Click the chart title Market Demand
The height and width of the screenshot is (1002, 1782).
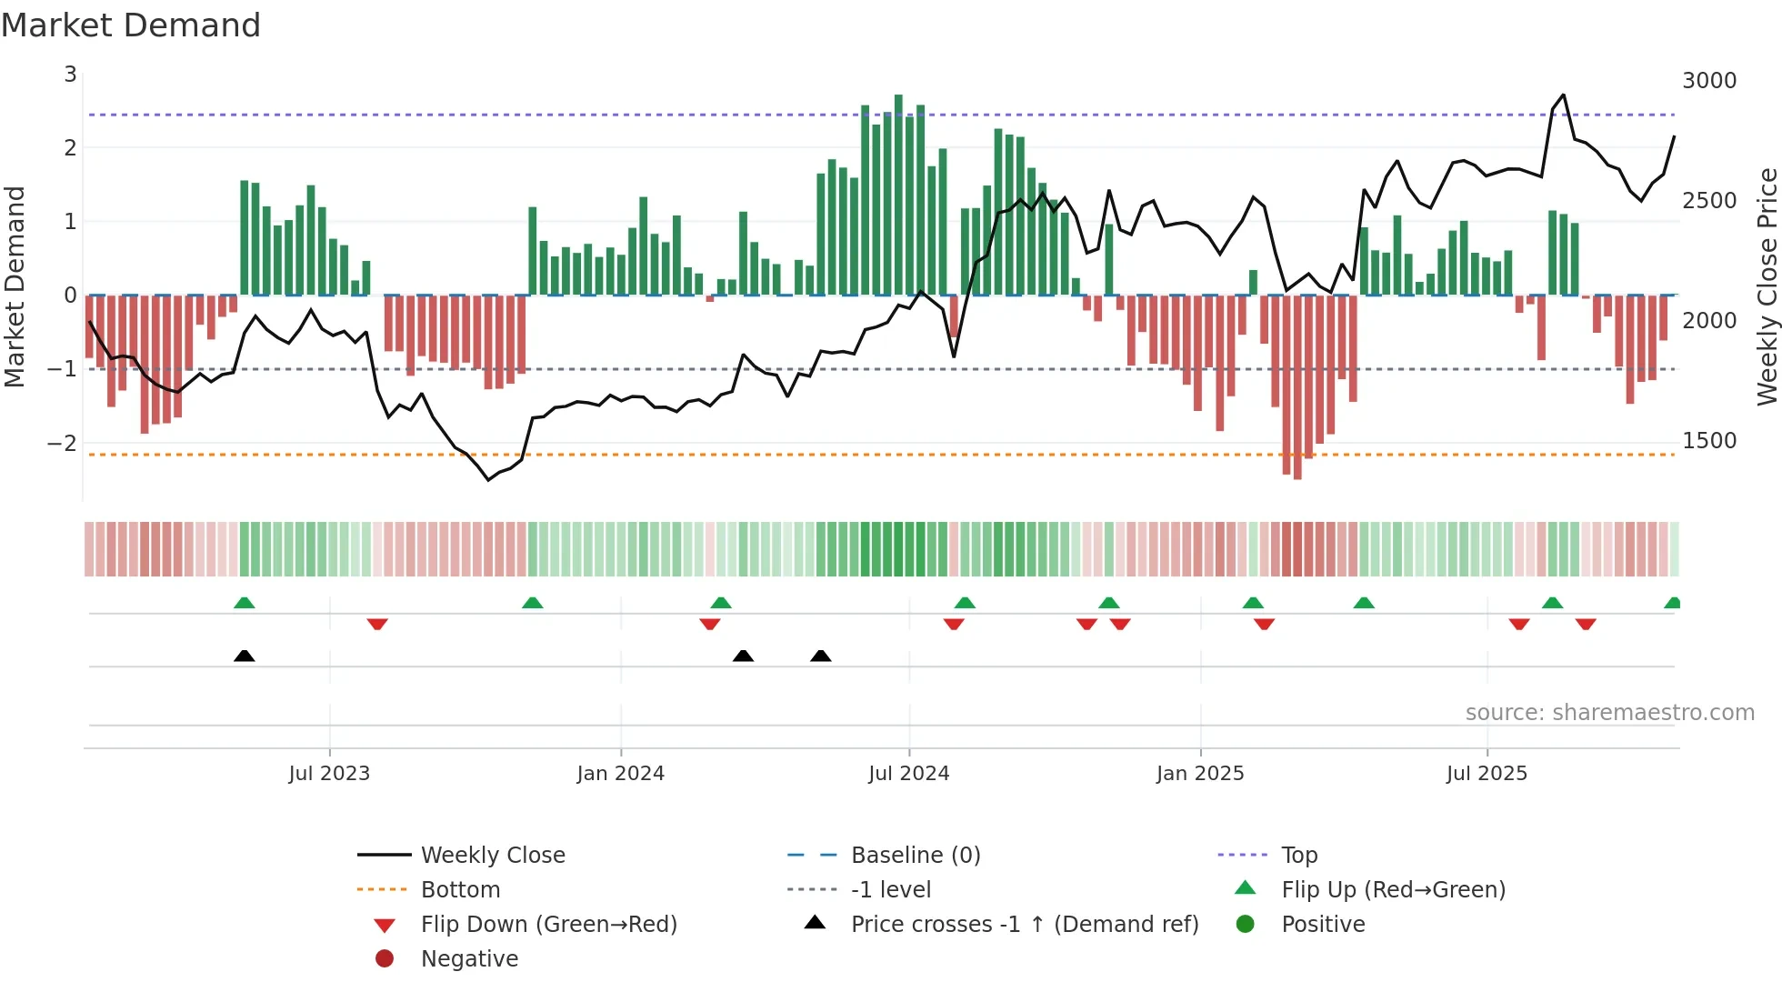tap(131, 25)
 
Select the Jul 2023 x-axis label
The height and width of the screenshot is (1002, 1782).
tap(329, 774)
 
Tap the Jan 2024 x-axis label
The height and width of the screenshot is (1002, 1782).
tap(620, 774)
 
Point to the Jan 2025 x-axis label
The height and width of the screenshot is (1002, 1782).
tap(1199, 774)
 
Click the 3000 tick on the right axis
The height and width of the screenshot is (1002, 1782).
tap(1708, 81)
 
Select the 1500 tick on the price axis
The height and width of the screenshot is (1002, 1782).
tap(1708, 441)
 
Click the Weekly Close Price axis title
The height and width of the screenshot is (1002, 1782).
tap(1767, 286)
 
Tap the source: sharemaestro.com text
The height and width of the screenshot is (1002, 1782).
tap(1609, 713)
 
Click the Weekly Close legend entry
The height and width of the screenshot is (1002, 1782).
tap(492, 856)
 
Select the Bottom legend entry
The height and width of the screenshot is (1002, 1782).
tap(460, 890)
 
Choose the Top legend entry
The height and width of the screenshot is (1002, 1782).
tap(1298, 856)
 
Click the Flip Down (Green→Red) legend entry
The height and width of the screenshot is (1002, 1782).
tap(548, 925)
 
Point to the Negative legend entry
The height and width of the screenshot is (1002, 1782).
tap(469, 959)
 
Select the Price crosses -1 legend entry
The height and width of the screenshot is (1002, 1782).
tap(1024, 925)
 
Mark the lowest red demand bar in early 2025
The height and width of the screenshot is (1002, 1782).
tap(1297, 391)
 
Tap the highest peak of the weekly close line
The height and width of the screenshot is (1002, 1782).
tap(1563, 95)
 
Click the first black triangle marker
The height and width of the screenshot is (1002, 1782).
tap(244, 656)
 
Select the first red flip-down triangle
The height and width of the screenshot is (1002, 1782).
tap(377, 624)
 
